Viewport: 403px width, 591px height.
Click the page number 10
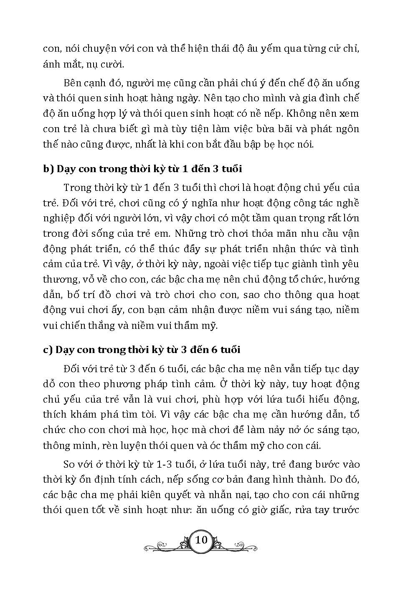click(x=201, y=540)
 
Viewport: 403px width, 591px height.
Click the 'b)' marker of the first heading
click(x=48, y=169)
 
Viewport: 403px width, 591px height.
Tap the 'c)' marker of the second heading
click(x=48, y=350)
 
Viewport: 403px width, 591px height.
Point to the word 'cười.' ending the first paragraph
click(x=113, y=64)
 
